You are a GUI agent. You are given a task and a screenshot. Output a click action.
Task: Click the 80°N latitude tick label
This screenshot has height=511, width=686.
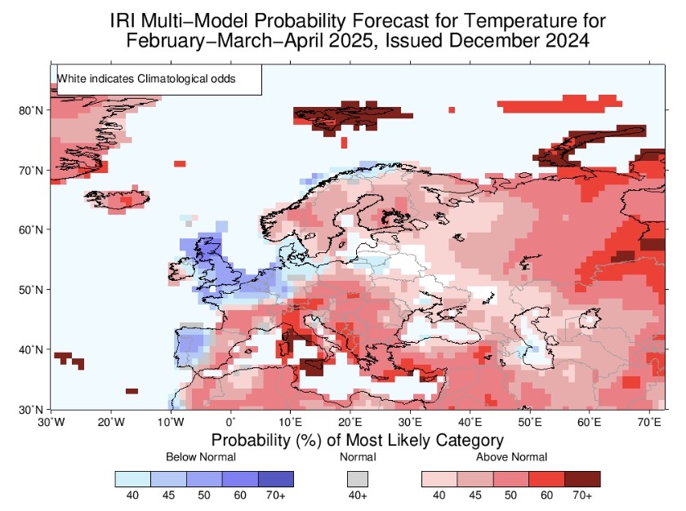click(x=31, y=110)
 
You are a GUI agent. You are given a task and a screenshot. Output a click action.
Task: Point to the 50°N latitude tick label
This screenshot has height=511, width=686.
click(x=31, y=290)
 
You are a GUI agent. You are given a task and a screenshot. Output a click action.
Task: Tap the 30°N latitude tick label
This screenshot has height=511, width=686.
click(x=31, y=410)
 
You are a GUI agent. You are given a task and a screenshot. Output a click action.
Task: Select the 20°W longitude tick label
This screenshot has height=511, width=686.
click(x=111, y=422)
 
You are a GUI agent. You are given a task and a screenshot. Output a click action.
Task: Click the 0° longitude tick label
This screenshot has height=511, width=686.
click(x=230, y=422)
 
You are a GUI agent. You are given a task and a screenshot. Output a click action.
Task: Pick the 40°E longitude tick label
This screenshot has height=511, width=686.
click(x=470, y=422)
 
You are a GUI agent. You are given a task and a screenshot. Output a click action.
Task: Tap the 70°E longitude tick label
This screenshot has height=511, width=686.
click(x=649, y=422)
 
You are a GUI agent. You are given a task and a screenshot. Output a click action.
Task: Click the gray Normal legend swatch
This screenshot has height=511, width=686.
click(x=358, y=478)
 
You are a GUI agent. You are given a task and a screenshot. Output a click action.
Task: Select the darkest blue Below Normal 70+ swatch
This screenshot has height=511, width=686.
click(x=276, y=478)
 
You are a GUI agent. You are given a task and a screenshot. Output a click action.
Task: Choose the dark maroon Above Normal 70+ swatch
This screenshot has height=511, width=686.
click(x=582, y=478)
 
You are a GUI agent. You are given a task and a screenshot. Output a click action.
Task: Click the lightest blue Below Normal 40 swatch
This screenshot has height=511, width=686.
click(x=133, y=478)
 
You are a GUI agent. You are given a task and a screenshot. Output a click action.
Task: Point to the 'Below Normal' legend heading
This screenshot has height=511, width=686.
click(x=201, y=457)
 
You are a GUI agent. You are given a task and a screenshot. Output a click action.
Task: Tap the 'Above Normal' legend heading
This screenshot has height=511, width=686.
click(x=511, y=457)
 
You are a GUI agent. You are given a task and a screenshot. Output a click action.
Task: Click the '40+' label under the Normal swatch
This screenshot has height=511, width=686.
click(x=358, y=495)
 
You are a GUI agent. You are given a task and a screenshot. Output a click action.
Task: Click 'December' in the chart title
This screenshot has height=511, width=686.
click(x=493, y=41)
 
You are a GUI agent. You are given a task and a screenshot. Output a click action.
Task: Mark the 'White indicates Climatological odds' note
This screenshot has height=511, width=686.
click(x=146, y=78)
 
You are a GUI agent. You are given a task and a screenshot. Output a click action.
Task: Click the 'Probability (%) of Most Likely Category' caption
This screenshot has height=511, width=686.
click(x=358, y=440)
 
